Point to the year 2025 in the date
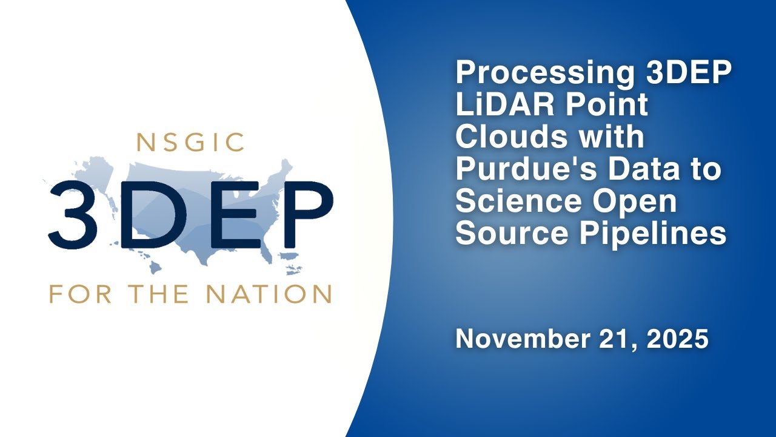click(x=678, y=339)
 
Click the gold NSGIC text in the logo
click(x=190, y=142)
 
